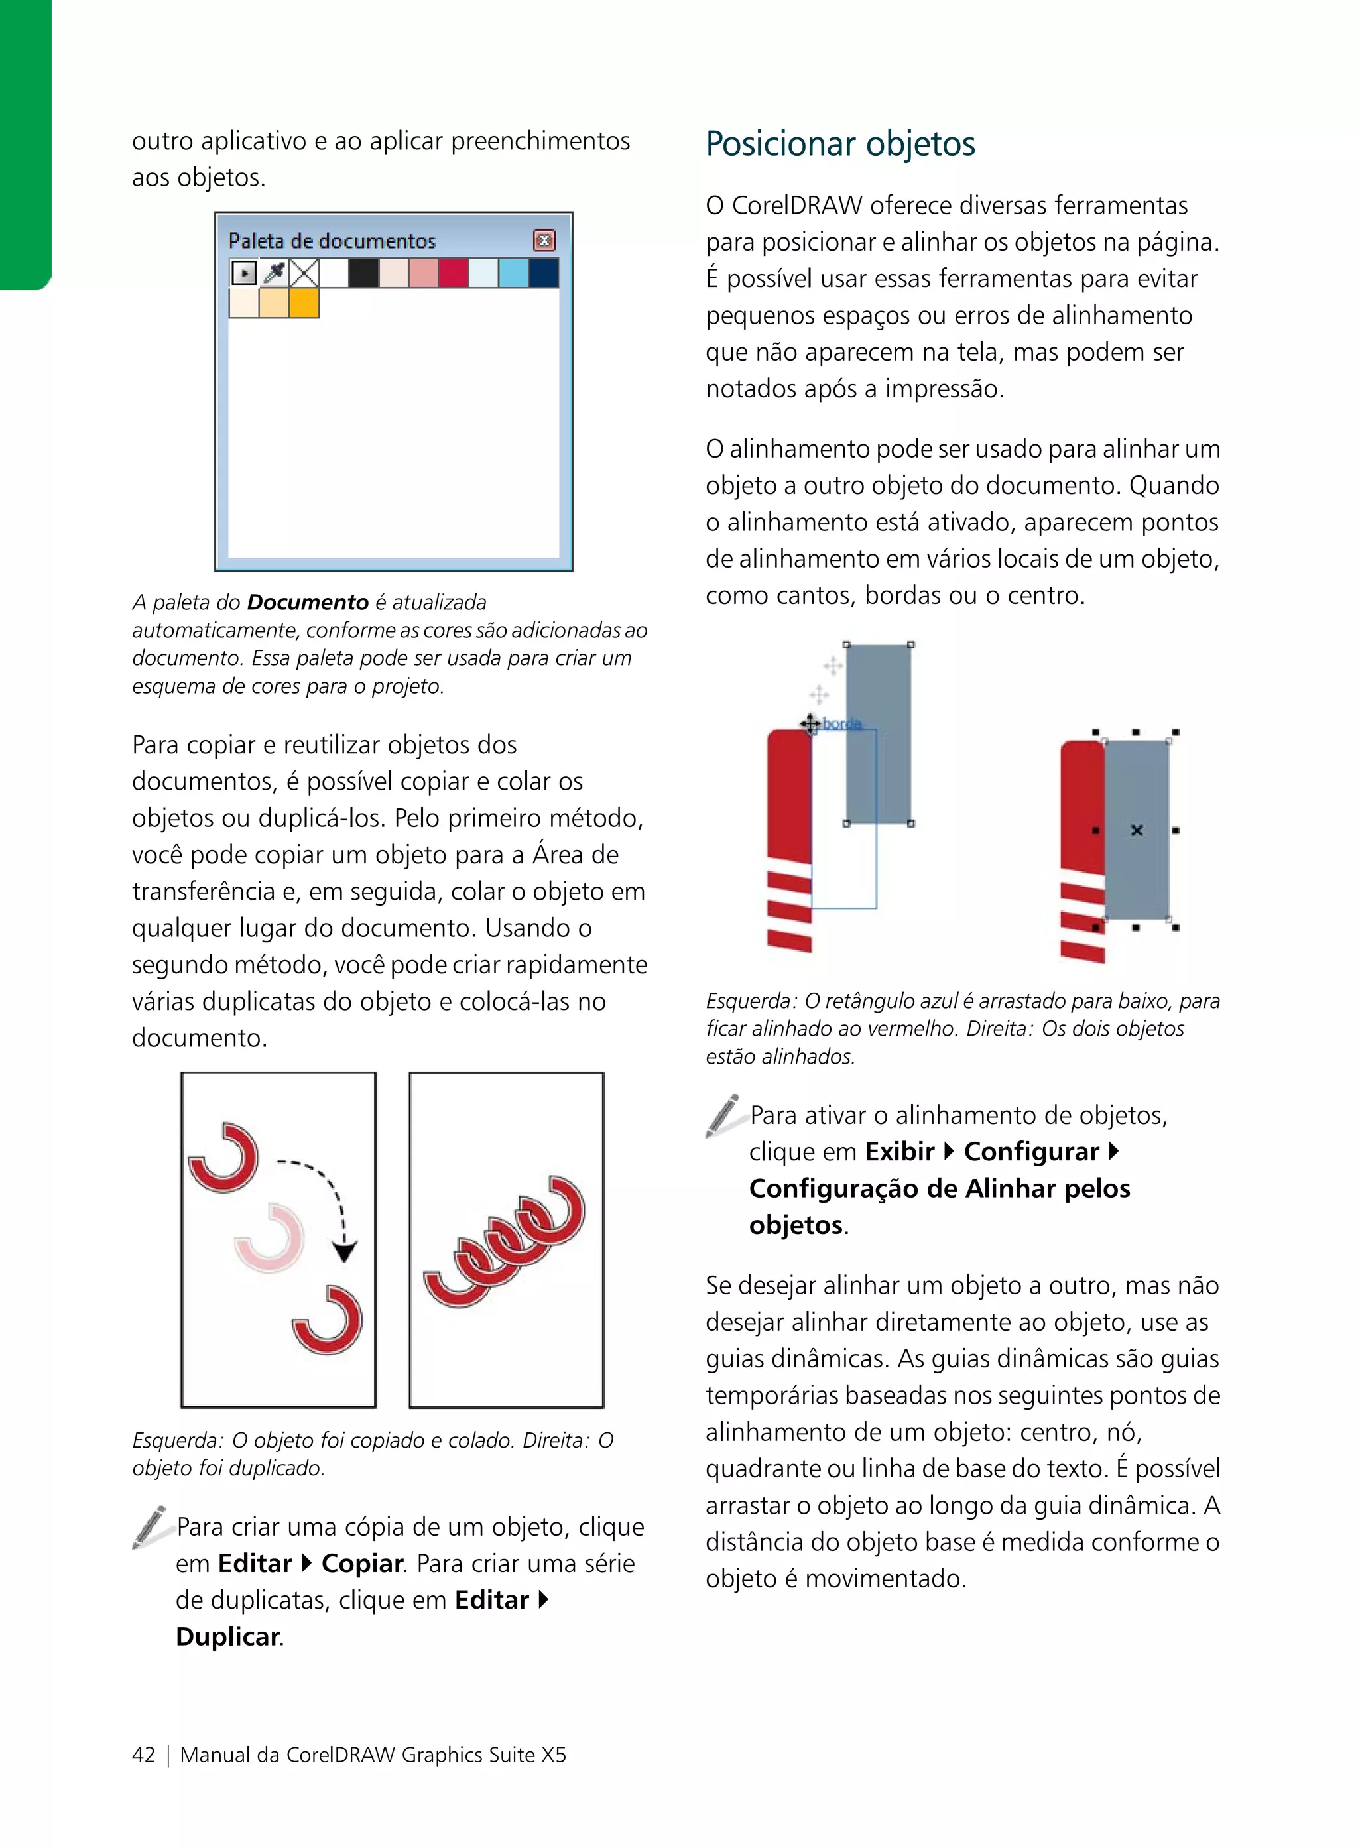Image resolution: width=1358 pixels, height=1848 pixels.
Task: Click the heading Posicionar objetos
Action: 840,144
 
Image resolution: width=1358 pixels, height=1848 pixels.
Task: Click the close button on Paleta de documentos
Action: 544,240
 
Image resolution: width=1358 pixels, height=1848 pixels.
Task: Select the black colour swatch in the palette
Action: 363,273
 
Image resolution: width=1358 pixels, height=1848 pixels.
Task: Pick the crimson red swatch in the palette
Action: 453,273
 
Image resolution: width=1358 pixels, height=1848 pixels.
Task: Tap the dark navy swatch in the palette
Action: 543,273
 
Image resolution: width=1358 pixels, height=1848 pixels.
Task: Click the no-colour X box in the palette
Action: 304,273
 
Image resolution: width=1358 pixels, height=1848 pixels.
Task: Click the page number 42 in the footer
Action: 143,1755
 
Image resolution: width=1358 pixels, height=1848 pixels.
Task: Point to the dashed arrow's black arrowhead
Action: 344,1251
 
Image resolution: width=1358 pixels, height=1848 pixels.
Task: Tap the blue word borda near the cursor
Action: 841,723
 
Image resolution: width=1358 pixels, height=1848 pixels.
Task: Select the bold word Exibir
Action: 899,1151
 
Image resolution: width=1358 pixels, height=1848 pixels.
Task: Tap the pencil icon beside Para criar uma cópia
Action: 151,1526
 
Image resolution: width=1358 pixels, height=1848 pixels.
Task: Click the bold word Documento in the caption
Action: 308,602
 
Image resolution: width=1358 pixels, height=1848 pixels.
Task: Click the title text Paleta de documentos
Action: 332,241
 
